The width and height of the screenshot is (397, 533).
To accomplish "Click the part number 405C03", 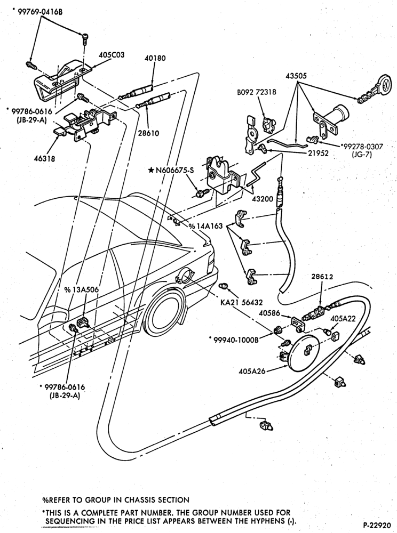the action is [112, 55].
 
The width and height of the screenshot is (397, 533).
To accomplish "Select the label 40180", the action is [155, 58].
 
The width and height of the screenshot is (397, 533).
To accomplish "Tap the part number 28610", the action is [148, 134].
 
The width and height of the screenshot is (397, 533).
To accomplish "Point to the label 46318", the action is [44, 158].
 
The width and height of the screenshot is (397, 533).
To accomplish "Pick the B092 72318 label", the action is [257, 92].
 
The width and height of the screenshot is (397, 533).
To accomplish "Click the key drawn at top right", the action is [374, 88].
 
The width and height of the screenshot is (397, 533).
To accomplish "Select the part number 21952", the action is [318, 154].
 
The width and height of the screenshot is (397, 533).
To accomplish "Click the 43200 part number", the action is [263, 199].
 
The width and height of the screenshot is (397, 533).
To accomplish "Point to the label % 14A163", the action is [206, 225].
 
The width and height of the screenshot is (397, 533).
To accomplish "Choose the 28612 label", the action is [322, 277].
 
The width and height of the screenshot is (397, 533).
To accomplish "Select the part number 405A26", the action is [252, 370].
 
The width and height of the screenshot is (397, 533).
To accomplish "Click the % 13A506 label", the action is [82, 289].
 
